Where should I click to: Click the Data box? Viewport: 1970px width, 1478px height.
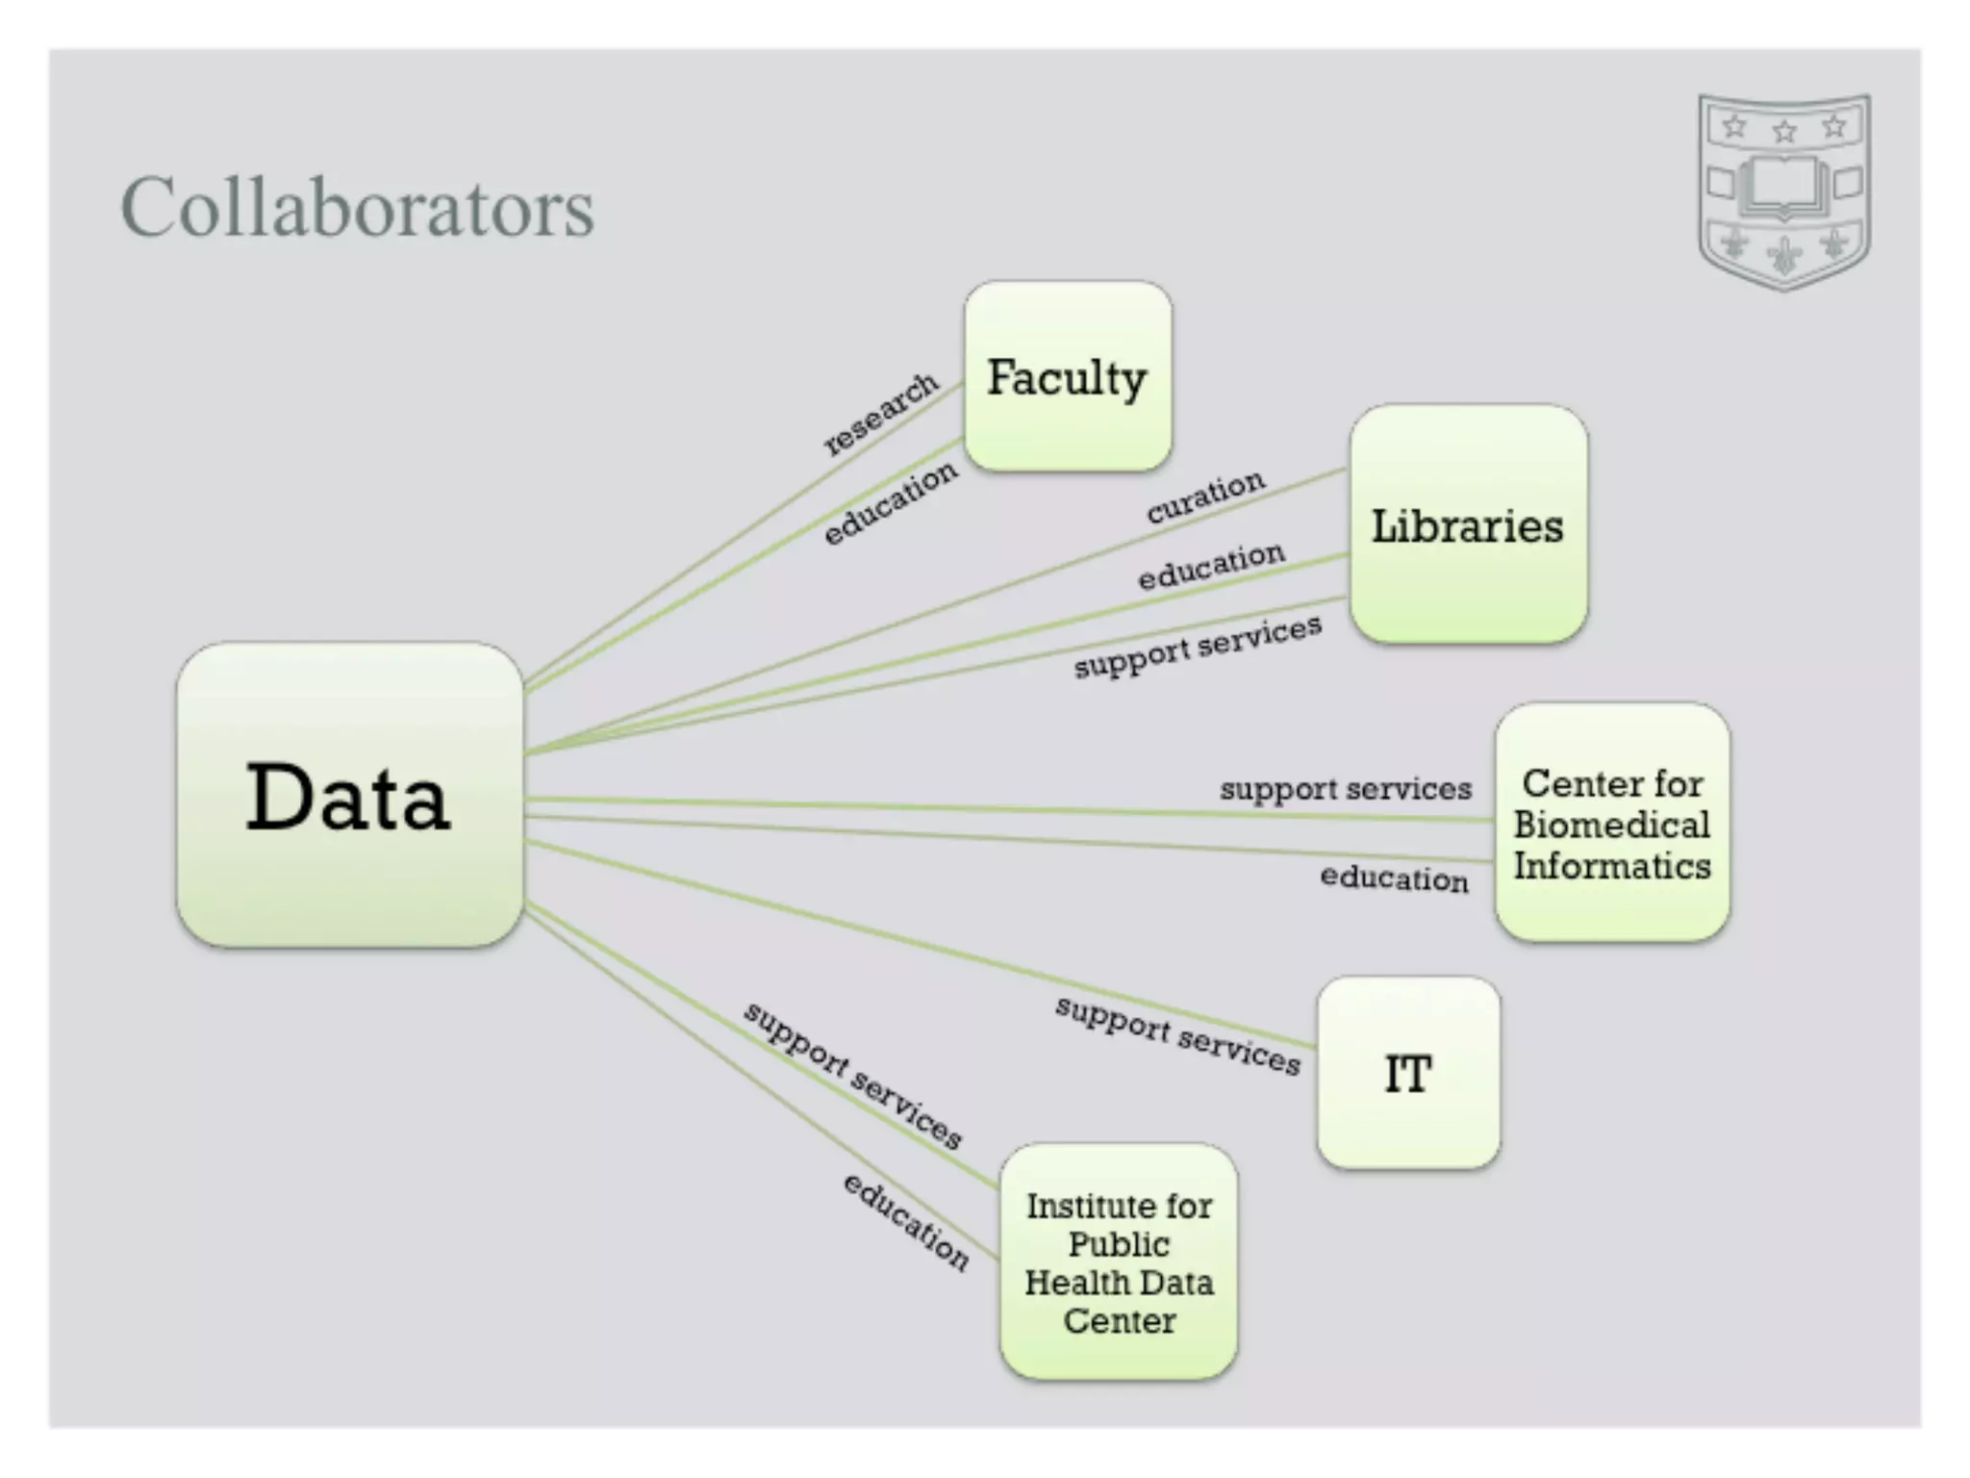349,795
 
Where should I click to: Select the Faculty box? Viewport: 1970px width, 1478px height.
1068,376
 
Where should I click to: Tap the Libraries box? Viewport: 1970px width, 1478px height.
1468,524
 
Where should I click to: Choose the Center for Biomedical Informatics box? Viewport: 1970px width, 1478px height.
1612,823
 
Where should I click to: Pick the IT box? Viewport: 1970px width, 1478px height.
1408,1073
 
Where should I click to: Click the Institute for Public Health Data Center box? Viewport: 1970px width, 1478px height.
1119,1261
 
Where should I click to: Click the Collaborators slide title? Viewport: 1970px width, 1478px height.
357,207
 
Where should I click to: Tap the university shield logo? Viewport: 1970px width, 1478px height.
1784,191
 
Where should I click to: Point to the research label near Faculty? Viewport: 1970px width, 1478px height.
881,413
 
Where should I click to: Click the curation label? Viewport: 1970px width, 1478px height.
1205,496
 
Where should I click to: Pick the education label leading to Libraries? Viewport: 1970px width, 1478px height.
1211,566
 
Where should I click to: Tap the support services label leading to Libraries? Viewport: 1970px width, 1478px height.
1198,647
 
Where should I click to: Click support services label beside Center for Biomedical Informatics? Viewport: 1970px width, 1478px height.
1346,789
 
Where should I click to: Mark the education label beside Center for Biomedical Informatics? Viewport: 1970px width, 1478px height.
1394,878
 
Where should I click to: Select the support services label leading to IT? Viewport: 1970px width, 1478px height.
1177,1035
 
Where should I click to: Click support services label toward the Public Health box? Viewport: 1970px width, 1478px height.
853,1075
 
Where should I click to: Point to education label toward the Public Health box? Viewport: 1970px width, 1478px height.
906,1220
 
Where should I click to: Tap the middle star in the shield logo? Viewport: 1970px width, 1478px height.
1784,130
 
